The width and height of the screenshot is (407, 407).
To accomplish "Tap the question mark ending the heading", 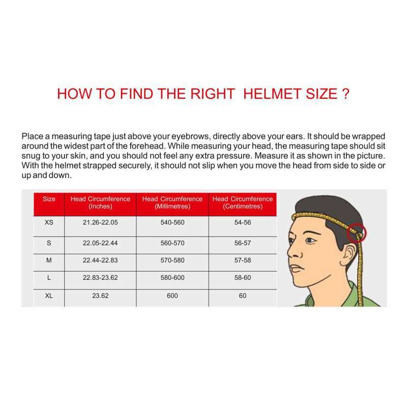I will [x=345, y=94].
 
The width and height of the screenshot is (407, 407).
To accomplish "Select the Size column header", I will [x=49, y=199].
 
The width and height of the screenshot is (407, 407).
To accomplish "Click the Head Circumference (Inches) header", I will [x=100, y=202].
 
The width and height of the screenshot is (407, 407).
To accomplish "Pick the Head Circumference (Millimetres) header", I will [x=172, y=202].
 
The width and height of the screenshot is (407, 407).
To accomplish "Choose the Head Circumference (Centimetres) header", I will [x=243, y=202].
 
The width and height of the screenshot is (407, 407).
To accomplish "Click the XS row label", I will [x=49, y=223].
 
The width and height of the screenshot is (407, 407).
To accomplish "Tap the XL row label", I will [x=49, y=296].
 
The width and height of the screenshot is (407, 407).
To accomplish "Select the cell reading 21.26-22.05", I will [x=100, y=223].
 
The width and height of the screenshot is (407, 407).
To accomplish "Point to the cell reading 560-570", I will [x=172, y=243].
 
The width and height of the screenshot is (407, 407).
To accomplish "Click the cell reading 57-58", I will [x=243, y=260].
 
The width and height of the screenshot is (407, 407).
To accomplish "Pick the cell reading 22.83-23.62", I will [x=100, y=278].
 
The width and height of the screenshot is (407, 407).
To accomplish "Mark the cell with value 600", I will [x=172, y=296].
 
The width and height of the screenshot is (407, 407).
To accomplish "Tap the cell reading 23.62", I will [x=100, y=296].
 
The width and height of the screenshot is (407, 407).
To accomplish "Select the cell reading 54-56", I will [x=243, y=223].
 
